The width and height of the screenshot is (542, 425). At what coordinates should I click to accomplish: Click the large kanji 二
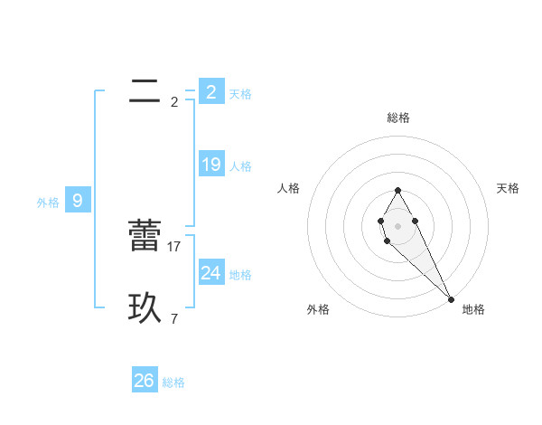coord(145,91)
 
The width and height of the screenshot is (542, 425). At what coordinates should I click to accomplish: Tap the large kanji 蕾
coord(145,236)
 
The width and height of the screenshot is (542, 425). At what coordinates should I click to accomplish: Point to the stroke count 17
coord(174,246)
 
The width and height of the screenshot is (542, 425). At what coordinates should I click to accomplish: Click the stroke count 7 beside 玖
coord(173,318)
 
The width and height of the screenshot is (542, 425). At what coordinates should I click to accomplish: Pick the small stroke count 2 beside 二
coord(173,101)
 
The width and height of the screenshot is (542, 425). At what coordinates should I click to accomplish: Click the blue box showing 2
coord(210,91)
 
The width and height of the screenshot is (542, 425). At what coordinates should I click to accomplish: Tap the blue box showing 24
coord(210,272)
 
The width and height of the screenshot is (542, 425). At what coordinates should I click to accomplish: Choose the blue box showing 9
coord(78,201)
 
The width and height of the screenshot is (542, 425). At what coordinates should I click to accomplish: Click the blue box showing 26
coord(145,381)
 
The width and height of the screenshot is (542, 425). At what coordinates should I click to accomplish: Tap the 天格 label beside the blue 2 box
coord(240,93)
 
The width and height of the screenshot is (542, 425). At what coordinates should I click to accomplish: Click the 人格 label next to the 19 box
coord(240,166)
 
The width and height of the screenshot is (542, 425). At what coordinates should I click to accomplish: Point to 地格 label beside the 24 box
coord(240,275)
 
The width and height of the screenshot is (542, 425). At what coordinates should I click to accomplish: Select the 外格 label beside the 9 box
coord(48,203)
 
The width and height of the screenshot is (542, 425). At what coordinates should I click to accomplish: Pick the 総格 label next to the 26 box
coord(173,382)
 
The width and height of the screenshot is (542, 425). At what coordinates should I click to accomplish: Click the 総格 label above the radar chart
coord(397,118)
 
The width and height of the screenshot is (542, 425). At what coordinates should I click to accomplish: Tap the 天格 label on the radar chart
coord(508,188)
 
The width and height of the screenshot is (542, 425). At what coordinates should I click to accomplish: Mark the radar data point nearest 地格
coord(451,298)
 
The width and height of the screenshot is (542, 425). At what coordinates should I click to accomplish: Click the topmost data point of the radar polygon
coord(397,190)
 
